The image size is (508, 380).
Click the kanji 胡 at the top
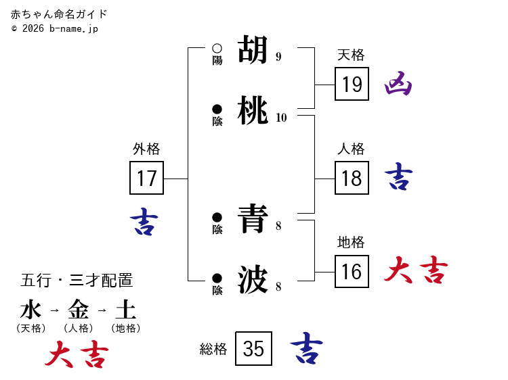click(253, 49)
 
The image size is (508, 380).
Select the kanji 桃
click(253, 110)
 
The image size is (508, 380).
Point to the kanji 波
click(253, 279)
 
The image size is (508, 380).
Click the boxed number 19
click(352, 84)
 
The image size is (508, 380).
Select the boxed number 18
click(352, 178)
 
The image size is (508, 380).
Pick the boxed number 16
click(352, 272)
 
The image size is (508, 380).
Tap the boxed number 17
click(146, 178)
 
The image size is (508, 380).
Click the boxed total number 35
click(253, 348)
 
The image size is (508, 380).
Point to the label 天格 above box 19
click(351, 55)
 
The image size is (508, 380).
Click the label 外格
click(146, 149)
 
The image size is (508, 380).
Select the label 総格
click(213, 349)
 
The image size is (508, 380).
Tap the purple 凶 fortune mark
click(398, 84)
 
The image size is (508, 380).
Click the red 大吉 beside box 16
click(416, 270)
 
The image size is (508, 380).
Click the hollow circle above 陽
click(217, 48)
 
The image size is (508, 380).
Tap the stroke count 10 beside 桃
click(281, 118)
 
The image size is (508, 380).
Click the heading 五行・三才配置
click(77, 280)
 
